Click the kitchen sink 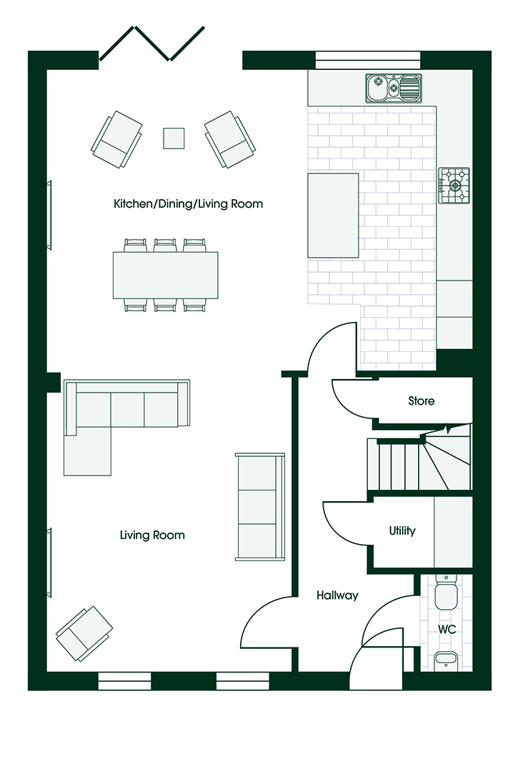tap(394, 89)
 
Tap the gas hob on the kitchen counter tap(454, 186)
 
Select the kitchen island tap(333, 216)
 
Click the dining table tap(165, 276)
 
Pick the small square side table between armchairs tap(174, 138)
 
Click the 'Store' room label tap(421, 400)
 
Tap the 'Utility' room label tap(402, 530)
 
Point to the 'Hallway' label tap(337, 595)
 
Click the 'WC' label tap(447, 629)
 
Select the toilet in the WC tap(447, 592)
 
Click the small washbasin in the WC tap(447, 660)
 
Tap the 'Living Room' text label tap(152, 535)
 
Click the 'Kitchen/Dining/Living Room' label tap(188, 203)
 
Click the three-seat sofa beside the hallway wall tap(260, 506)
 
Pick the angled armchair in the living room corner tap(84, 633)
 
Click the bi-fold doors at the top tap(151, 44)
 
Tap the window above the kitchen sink tap(367, 59)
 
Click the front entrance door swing tap(376, 658)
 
